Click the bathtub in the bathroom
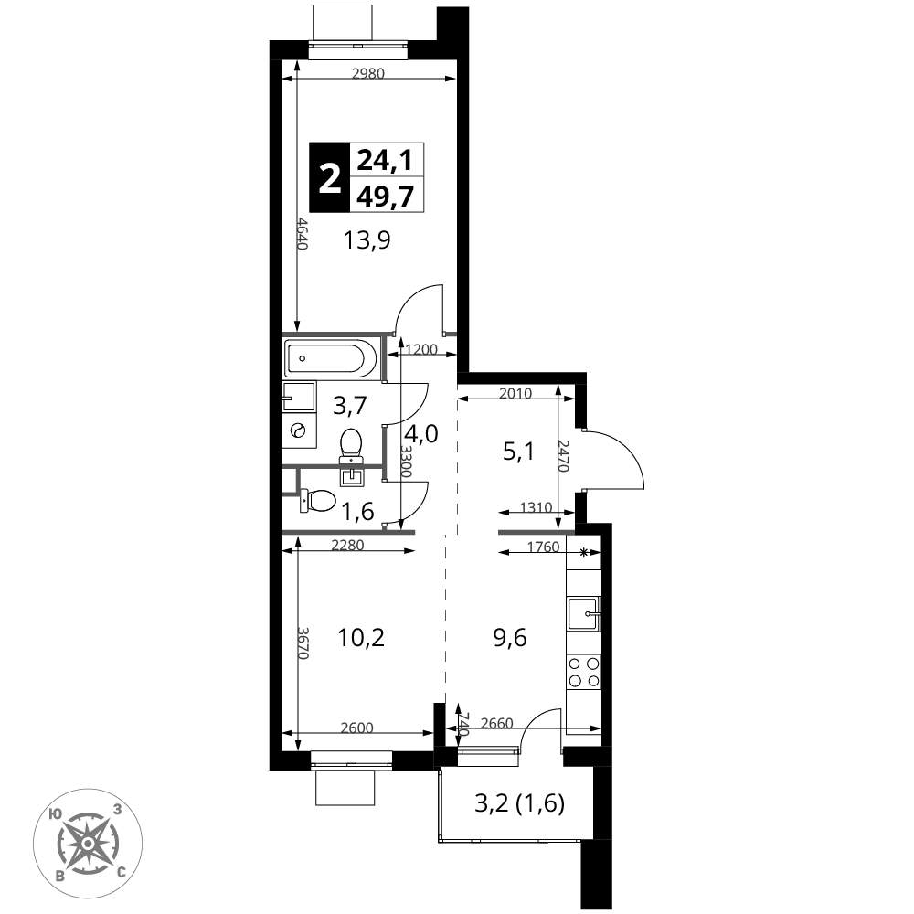click(332, 358)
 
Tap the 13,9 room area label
click(367, 239)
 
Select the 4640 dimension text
click(302, 234)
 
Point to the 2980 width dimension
click(368, 73)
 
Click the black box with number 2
click(329, 177)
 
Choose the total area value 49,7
click(386, 196)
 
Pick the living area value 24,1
click(385, 159)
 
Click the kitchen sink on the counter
click(583, 614)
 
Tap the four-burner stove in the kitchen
click(583, 672)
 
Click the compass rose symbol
click(88, 843)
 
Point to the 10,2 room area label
click(361, 638)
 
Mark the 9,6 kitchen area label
click(510, 638)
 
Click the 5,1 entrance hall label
click(519, 452)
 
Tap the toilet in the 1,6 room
click(318, 500)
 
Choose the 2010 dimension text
click(515, 393)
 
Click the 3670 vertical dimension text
click(302, 643)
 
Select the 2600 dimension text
click(356, 728)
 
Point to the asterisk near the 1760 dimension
click(584, 553)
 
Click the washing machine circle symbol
click(299, 430)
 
